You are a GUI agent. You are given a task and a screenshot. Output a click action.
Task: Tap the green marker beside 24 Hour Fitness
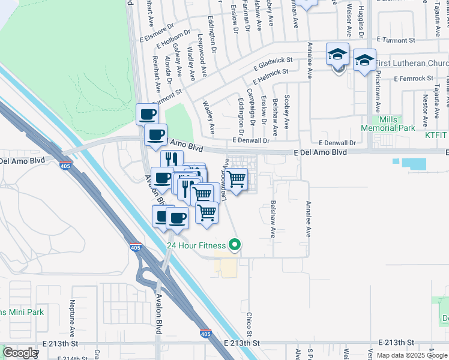pos(235,245)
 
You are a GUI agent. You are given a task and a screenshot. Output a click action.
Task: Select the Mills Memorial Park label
pos(388,124)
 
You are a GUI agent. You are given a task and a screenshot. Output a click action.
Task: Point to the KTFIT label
pos(436,136)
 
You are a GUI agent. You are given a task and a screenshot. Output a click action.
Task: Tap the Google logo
pos(20,353)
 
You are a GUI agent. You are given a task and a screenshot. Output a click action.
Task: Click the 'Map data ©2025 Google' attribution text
pos(412,355)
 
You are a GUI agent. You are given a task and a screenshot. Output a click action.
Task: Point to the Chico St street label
pos(249,324)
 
